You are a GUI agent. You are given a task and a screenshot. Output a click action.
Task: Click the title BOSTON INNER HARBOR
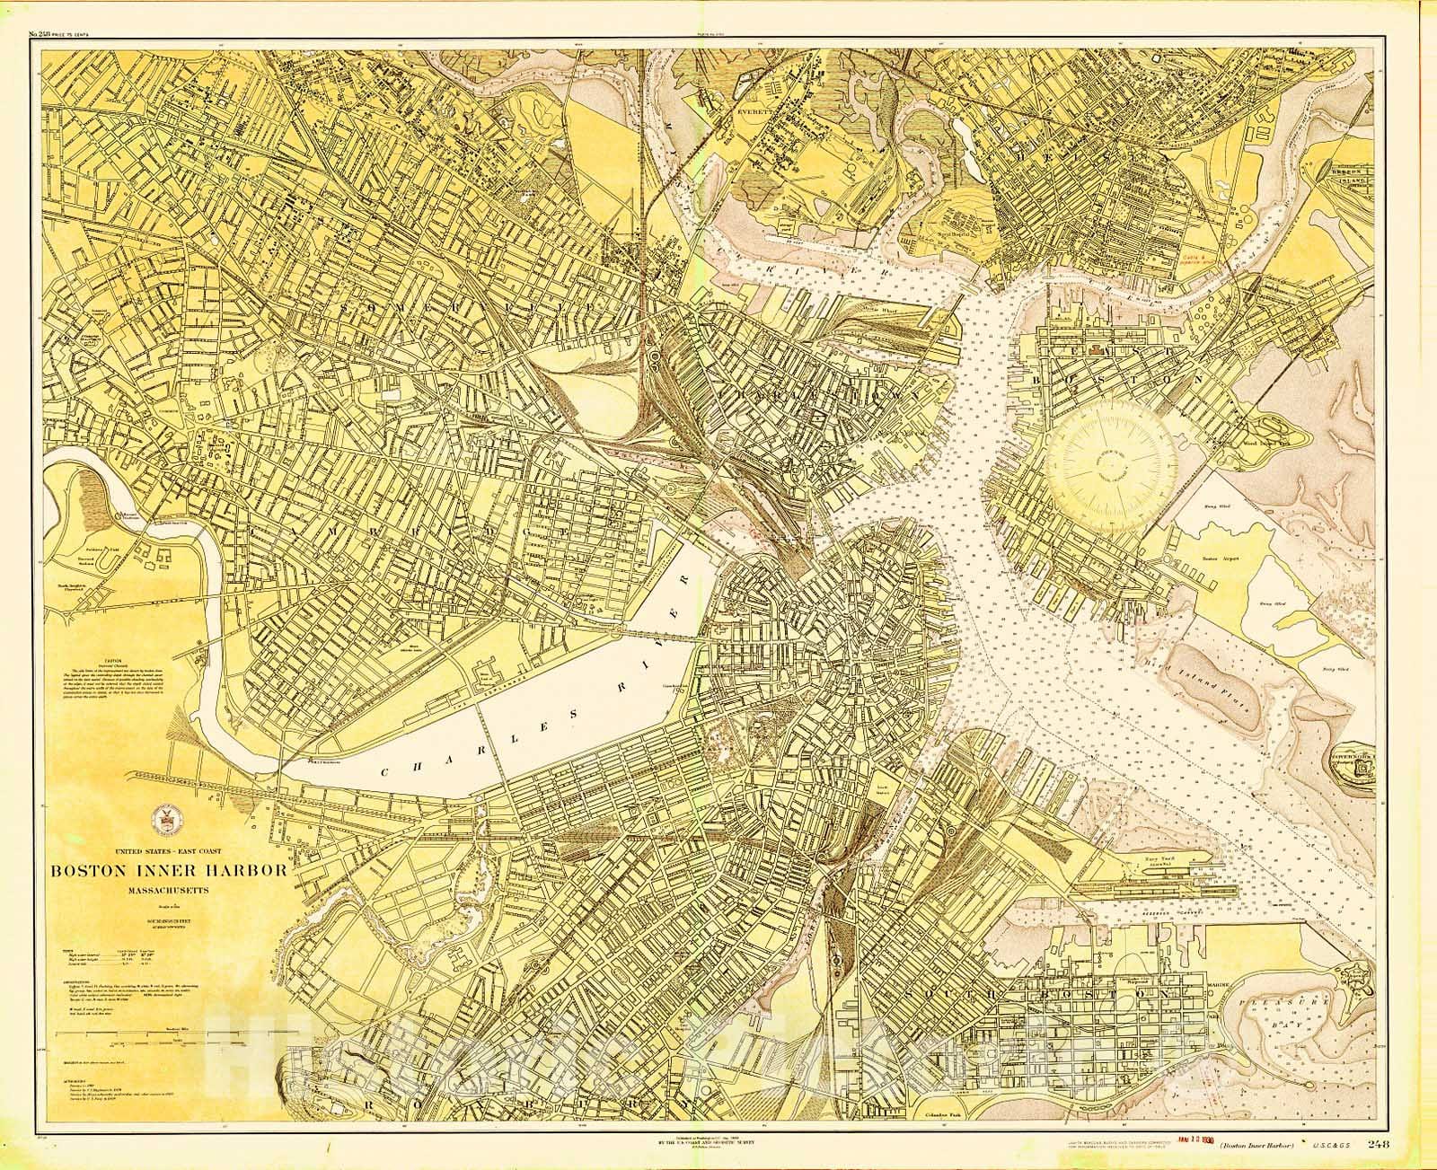(x=169, y=870)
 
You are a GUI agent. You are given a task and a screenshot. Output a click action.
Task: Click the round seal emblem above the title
(x=168, y=815)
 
